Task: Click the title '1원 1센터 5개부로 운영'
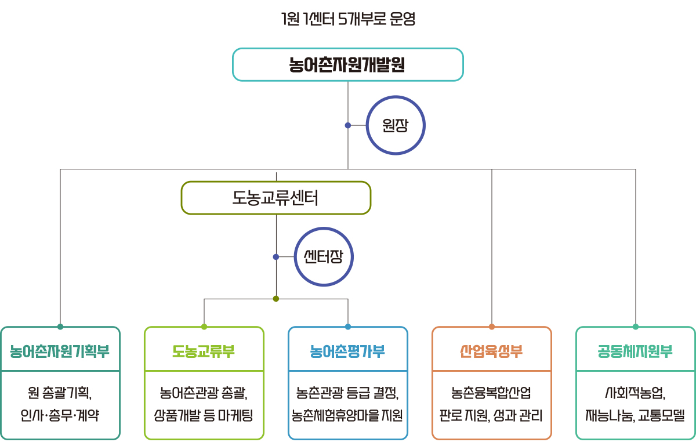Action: pyautogui.click(x=348, y=19)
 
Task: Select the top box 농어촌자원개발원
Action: pyautogui.click(x=348, y=64)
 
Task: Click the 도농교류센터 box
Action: pyautogui.click(x=276, y=198)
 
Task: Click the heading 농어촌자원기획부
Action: pyautogui.click(x=60, y=352)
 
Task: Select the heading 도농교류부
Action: pyautogui.click(x=204, y=352)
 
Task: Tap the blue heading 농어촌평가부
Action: pyautogui.click(x=347, y=352)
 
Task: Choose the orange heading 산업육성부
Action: pyautogui.click(x=491, y=352)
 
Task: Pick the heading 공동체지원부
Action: pyautogui.click(x=635, y=352)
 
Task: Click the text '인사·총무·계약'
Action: pyautogui.click(x=60, y=415)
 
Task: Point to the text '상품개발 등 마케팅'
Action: pyautogui.click(x=204, y=415)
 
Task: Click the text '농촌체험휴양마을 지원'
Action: pyautogui.click(x=347, y=415)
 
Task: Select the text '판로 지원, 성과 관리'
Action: pyautogui.click(x=491, y=415)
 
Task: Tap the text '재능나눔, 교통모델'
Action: pyautogui.click(x=635, y=415)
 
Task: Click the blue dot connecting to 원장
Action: pyautogui.click(x=348, y=125)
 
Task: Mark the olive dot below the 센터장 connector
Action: pyautogui.click(x=276, y=299)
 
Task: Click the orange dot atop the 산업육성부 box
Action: pyautogui.click(x=492, y=327)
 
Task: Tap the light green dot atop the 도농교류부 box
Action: pyautogui.click(x=204, y=327)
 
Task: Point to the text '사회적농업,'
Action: pyautogui.click(x=635, y=393)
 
